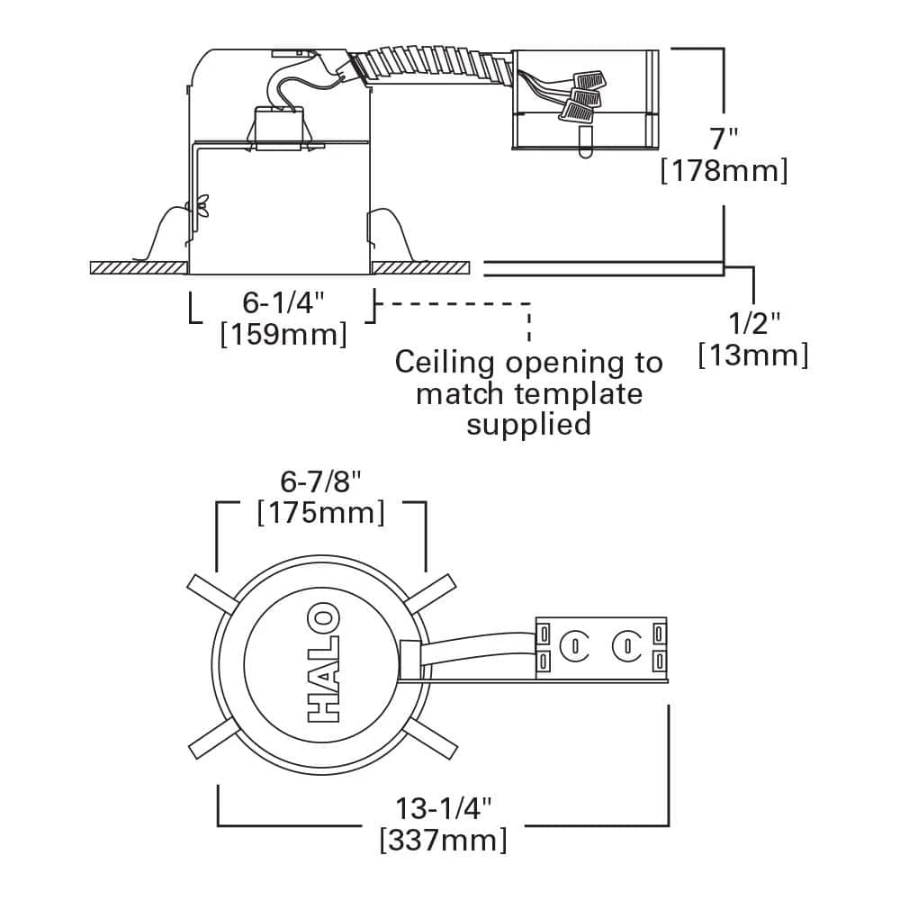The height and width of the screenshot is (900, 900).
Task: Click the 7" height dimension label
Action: [x=724, y=139]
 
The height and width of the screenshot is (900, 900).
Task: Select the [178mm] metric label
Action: [x=724, y=170]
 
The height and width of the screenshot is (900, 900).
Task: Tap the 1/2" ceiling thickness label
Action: [x=753, y=322]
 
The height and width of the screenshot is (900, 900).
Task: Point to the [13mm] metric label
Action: [x=753, y=355]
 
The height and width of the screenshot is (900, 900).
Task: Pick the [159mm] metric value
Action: [x=283, y=335]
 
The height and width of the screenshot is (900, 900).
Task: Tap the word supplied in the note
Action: [x=528, y=424]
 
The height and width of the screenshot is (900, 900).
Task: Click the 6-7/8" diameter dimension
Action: [x=321, y=481]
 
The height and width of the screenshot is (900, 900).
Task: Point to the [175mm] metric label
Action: [x=321, y=513]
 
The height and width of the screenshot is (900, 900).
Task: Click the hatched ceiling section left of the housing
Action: [x=139, y=267]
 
